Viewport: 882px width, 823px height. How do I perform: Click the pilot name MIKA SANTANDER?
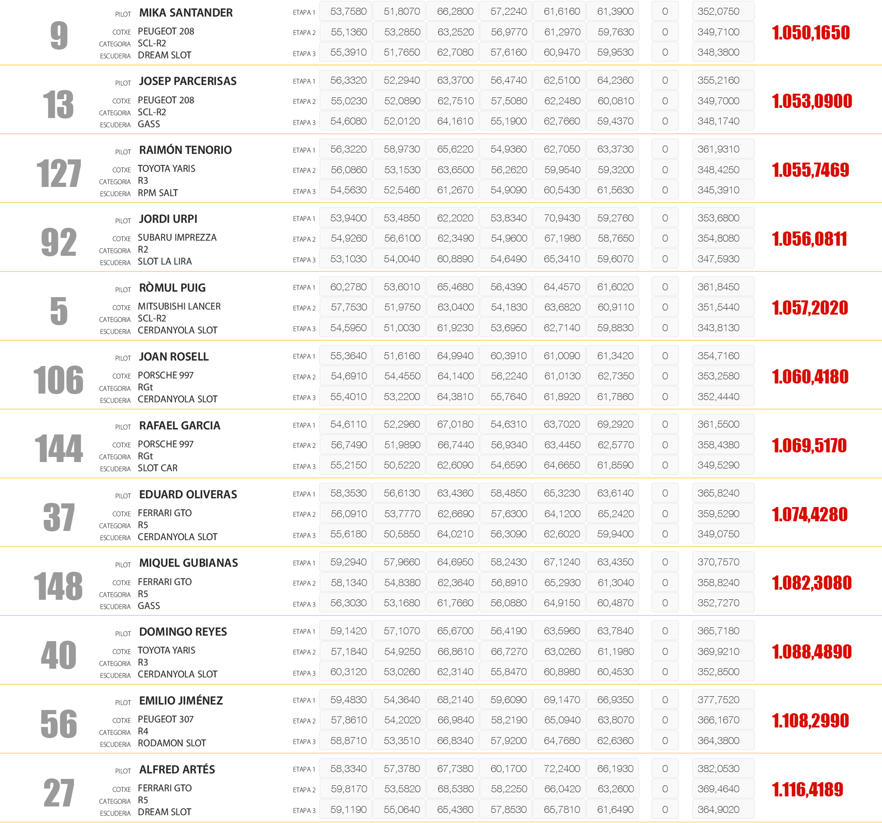click(x=186, y=13)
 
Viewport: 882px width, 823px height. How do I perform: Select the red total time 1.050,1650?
click(x=811, y=33)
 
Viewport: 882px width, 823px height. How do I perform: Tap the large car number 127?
click(x=59, y=173)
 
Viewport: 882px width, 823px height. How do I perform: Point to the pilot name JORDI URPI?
click(x=168, y=219)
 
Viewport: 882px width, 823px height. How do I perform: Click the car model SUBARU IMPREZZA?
click(x=177, y=237)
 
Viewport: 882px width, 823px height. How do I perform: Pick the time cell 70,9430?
click(x=562, y=218)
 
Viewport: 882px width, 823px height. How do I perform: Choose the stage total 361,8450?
click(x=718, y=287)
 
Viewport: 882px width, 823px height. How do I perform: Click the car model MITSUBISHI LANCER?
click(x=179, y=306)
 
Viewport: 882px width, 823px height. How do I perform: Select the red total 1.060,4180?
click(x=810, y=377)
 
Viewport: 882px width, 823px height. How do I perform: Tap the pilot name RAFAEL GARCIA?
click(x=180, y=426)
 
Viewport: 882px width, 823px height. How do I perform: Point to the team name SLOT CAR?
click(x=158, y=468)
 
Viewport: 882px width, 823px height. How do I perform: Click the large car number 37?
click(x=59, y=517)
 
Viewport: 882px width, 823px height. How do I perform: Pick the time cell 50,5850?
click(x=402, y=534)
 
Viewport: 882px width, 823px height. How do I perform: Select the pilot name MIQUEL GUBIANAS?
click(x=188, y=563)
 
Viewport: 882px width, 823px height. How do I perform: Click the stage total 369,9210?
click(x=718, y=652)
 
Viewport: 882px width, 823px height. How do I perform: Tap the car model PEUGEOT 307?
click(x=165, y=719)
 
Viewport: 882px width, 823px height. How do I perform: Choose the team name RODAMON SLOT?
click(x=172, y=743)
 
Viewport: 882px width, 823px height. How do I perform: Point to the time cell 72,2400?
click(x=562, y=769)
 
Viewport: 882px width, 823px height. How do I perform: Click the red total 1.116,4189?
click(x=808, y=789)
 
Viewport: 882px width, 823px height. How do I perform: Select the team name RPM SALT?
click(x=158, y=193)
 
